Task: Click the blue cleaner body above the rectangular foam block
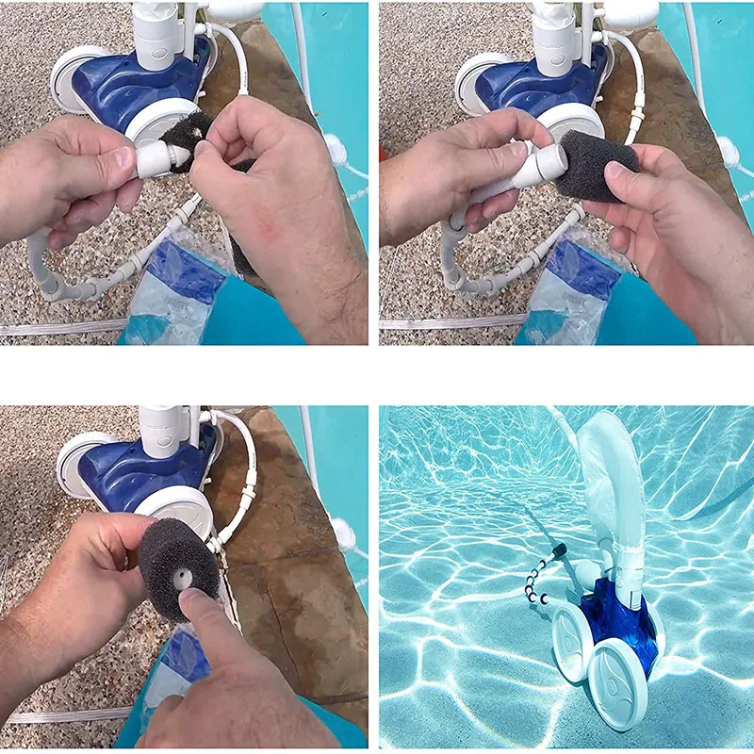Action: tap(528, 85)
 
